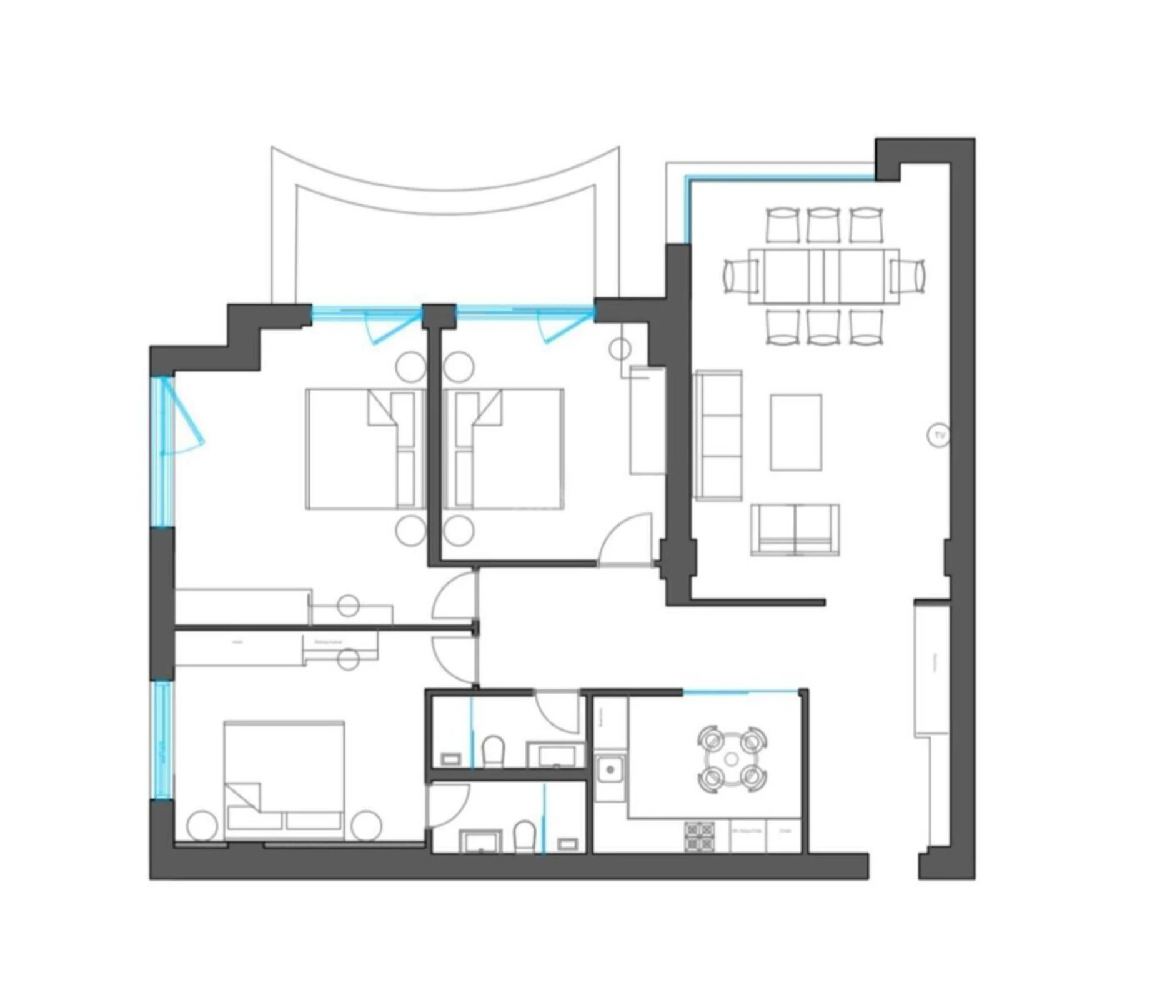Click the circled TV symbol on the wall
click(938, 436)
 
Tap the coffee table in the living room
click(795, 432)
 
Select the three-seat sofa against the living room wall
click(718, 435)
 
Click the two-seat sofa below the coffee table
click(795, 529)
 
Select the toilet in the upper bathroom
click(493, 750)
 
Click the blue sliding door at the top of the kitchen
click(740, 692)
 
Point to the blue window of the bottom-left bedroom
click(162, 741)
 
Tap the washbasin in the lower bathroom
click(480, 841)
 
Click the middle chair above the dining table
click(823, 225)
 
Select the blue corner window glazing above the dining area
click(781, 179)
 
